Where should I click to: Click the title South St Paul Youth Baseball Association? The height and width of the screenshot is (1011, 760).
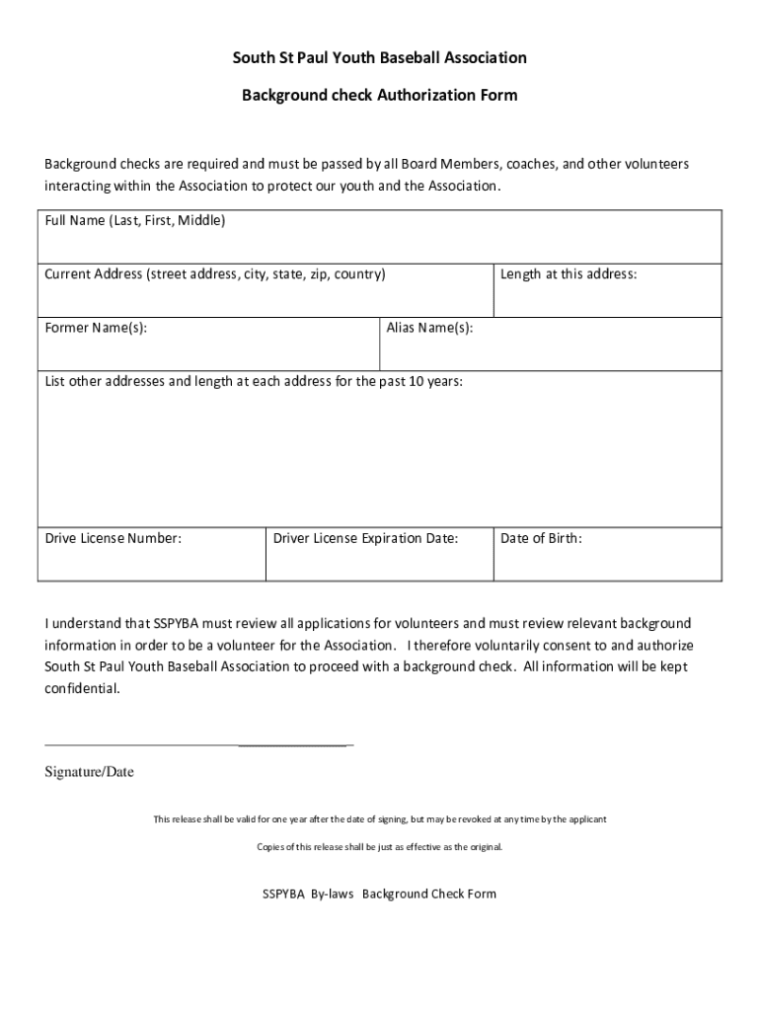pos(379,58)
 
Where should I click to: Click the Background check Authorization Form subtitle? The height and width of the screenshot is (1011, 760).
pos(379,96)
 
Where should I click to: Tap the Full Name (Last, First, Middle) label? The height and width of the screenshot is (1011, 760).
pos(135,221)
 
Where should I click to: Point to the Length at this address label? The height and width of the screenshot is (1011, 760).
pos(569,274)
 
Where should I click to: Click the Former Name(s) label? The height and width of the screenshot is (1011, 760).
pos(97,328)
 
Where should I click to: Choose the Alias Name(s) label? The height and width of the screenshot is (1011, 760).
pos(429,328)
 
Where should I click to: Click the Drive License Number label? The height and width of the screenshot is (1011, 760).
pos(114,539)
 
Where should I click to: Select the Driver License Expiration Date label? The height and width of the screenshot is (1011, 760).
pos(365,539)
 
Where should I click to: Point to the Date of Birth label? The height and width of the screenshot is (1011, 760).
pos(541,539)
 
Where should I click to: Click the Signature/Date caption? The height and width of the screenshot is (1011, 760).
pos(89,772)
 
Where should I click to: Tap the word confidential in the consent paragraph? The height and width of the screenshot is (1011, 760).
pos(83,689)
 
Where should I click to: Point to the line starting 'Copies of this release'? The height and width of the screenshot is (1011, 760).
pos(379,847)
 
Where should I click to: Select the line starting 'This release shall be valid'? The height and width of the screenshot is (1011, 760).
pos(379,819)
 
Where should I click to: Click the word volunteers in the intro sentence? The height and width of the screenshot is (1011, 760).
pos(653,164)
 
